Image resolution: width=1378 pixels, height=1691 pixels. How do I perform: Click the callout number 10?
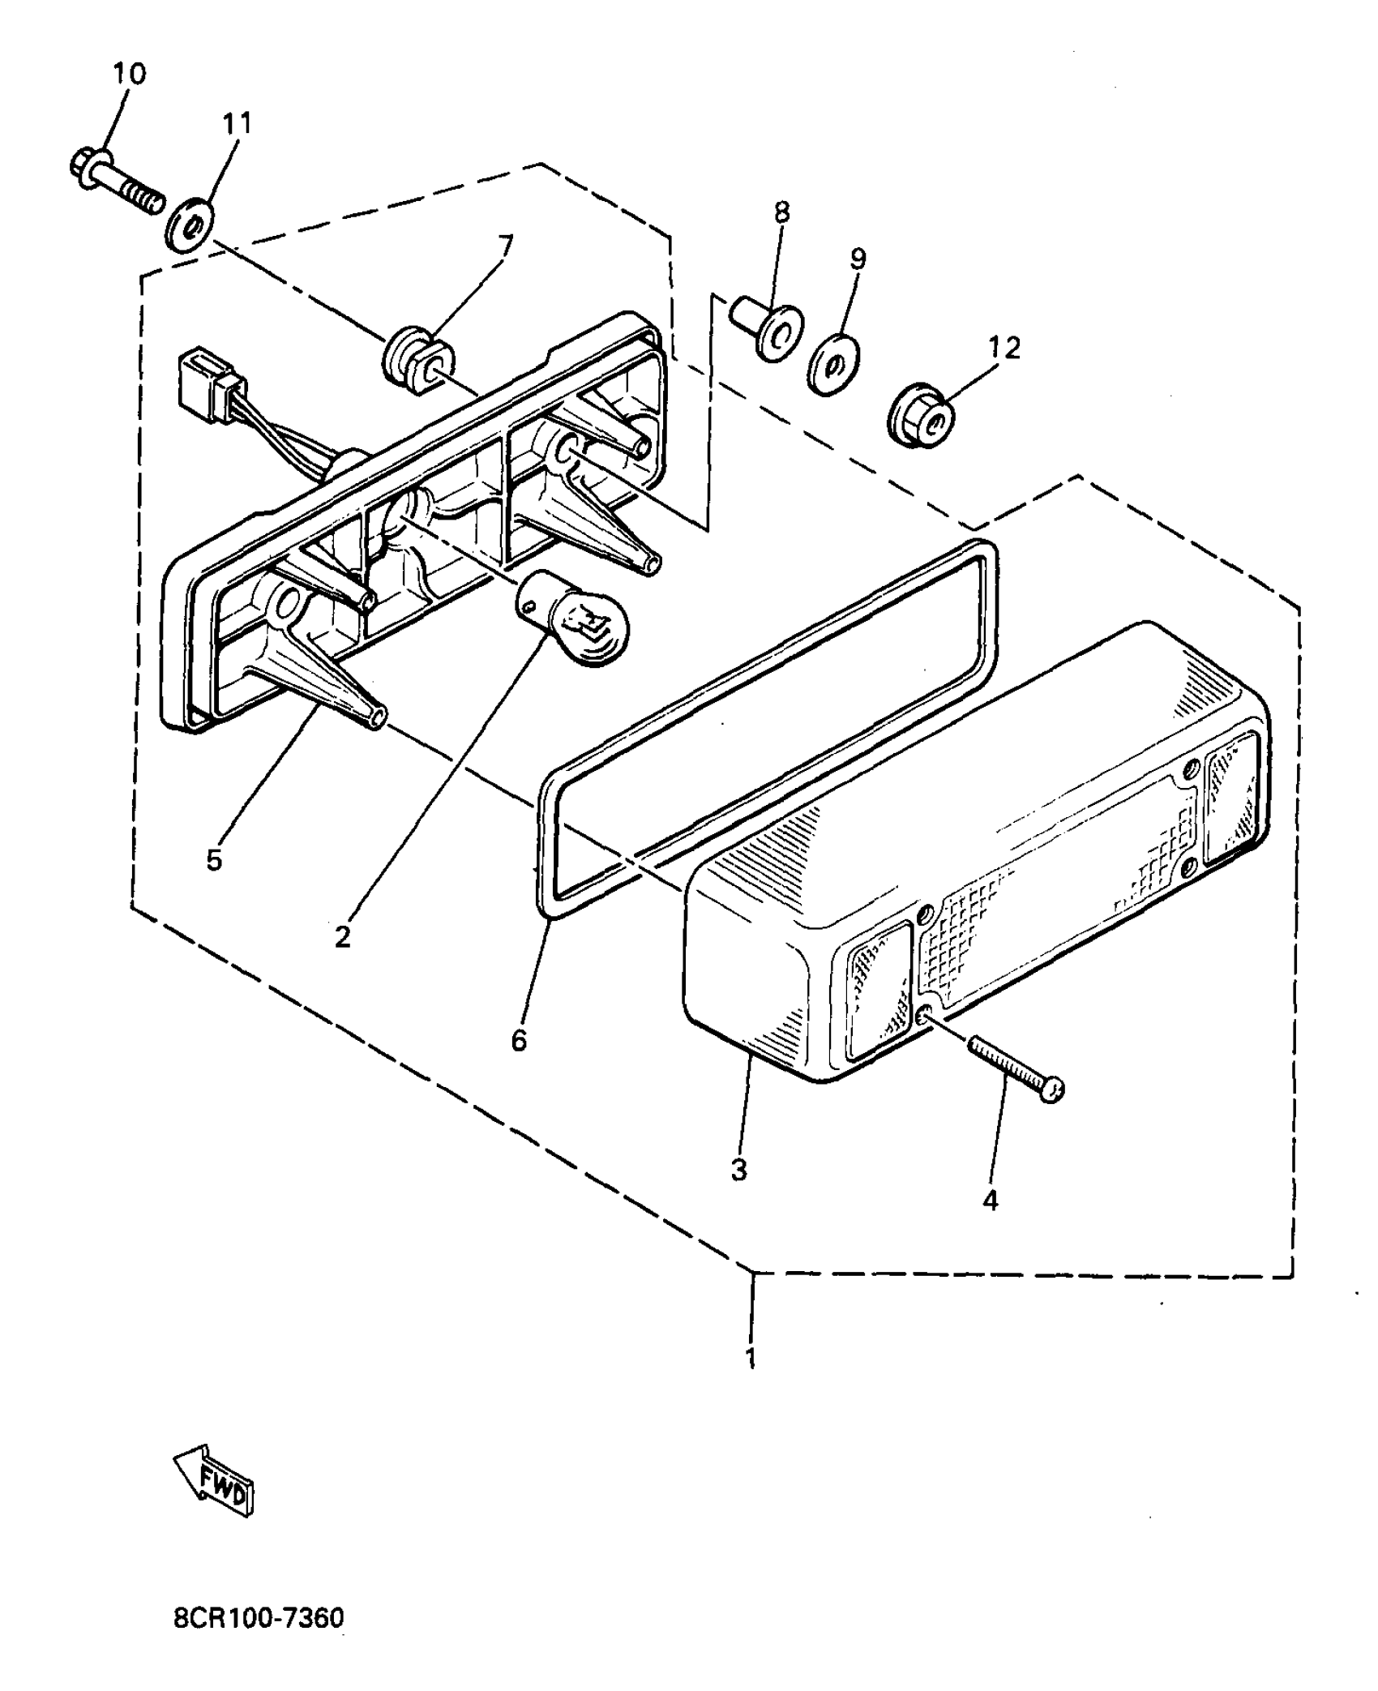[130, 74]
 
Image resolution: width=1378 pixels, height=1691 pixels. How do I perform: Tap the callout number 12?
[1004, 349]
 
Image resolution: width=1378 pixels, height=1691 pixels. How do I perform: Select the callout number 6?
[519, 1040]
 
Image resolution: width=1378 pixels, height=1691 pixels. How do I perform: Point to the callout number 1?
[751, 1358]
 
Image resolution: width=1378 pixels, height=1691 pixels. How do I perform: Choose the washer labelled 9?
[833, 364]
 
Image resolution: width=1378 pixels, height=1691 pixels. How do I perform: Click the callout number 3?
[738, 1170]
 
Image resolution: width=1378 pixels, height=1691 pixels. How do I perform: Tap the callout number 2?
[343, 937]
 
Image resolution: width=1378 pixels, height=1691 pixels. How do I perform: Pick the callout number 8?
[781, 212]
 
